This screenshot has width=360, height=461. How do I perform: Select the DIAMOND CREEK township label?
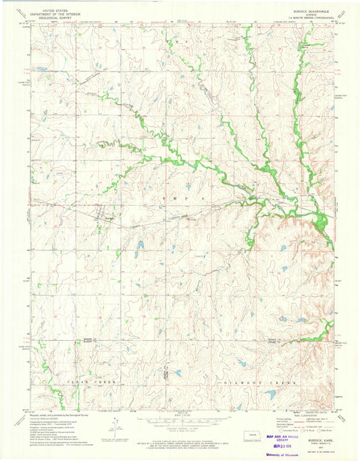click(x=259, y=382)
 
